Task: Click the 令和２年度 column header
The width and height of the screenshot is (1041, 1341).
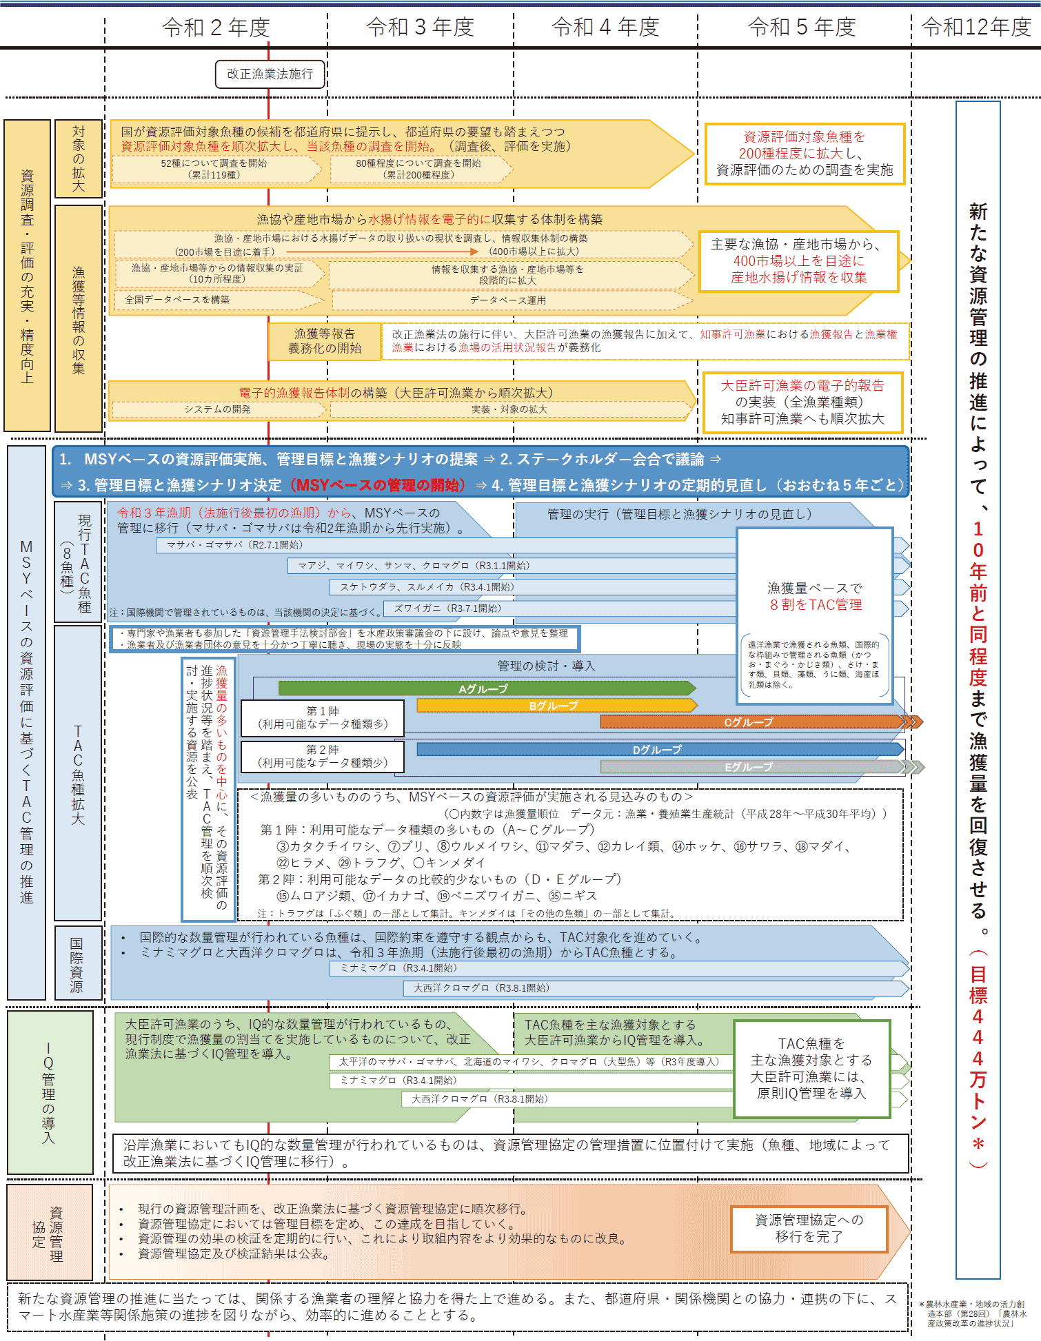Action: pos(216,28)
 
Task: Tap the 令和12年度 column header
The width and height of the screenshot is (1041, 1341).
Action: pos(976,28)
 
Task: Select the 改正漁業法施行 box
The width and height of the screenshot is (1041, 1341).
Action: pos(270,74)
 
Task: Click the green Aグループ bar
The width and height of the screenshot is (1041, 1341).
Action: pos(485,688)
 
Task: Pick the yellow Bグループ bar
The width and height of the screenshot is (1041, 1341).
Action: pos(555,706)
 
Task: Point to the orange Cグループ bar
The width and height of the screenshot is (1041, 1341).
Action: pos(749,722)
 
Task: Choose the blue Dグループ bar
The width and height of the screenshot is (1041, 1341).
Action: pos(658,749)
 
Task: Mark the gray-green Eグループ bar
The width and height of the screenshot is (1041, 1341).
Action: pos(749,766)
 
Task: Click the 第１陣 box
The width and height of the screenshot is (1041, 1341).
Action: pos(323,718)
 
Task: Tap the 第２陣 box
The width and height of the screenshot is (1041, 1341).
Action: pos(323,757)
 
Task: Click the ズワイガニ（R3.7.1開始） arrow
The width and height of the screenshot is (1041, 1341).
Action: pos(448,608)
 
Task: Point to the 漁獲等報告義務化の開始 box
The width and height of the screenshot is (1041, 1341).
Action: pos(324,342)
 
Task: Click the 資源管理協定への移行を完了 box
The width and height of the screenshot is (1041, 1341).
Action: pos(809,1229)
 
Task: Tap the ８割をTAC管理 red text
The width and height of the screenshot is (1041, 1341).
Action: pos(816,605)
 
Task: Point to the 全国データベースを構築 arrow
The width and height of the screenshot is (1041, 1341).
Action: pos(178,300)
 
